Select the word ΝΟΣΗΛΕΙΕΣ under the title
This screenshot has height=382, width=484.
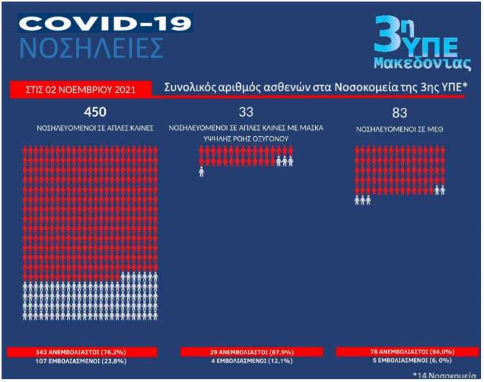[x=91, y=49]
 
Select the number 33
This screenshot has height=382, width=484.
[x=246, y=113]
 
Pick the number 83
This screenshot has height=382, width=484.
[x=399, y=113]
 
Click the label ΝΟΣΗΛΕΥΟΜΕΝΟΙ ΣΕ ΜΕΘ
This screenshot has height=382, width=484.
[x=400, y=128]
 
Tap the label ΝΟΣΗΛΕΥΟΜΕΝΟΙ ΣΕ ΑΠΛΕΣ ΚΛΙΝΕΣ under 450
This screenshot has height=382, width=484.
[x=95, y=128]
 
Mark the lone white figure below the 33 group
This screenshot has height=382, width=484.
[x=202, y=171]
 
